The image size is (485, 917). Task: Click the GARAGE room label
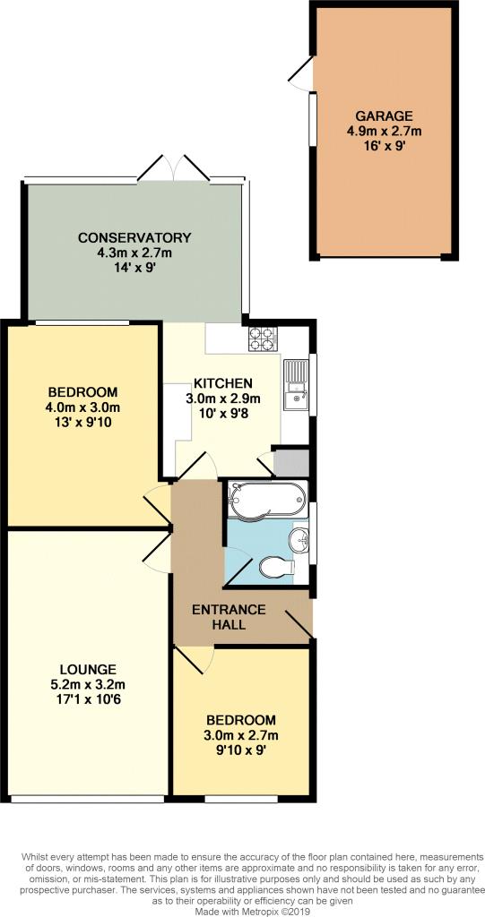tap(383, 116)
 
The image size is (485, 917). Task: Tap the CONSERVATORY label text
tap(134, 237)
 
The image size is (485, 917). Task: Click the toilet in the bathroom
tap(274, 567)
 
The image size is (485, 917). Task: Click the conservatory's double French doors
tap(173, 169)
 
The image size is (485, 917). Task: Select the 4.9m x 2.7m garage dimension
tap(383, 131)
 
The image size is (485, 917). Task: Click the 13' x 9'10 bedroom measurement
tap(83, 423)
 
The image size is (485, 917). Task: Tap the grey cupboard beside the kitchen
tap(291, 462)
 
